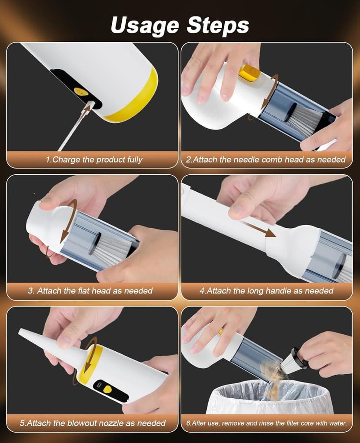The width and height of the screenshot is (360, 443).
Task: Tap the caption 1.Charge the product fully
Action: pyautogui.click(x=94, y=160)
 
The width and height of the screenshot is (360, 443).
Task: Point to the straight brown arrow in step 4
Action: pyautogui.click(x=258, y=228)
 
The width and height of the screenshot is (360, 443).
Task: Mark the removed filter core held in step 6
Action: pyautogui.click(x=290, y=360)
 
